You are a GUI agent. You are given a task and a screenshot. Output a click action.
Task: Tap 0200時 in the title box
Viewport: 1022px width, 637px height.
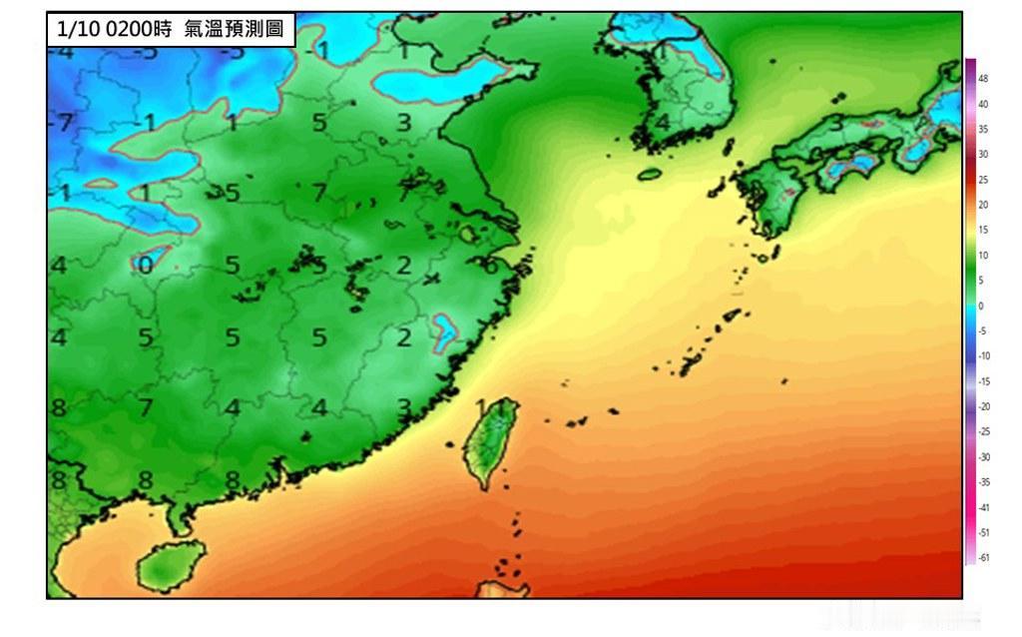pos(141,29)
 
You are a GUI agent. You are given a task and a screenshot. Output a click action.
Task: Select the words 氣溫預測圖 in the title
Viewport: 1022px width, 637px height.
pos(233,29)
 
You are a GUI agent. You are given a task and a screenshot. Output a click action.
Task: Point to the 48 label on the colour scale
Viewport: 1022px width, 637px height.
pos(983,78)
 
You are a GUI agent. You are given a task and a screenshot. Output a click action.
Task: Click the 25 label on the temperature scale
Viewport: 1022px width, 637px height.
pos(983,180)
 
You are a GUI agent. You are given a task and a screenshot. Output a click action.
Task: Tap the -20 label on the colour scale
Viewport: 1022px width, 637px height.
pos(983,406)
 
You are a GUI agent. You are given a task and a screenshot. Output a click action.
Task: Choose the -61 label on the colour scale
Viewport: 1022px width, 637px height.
pos(983,557)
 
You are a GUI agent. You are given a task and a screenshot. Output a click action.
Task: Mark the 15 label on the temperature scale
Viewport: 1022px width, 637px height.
pos(983,231)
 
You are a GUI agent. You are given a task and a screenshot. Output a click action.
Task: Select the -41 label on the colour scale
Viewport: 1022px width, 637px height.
pos(983,507)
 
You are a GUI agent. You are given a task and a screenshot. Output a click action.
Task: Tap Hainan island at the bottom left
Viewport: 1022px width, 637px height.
pos(170,566)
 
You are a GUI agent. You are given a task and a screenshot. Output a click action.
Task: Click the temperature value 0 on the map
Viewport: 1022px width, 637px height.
pos(146,265)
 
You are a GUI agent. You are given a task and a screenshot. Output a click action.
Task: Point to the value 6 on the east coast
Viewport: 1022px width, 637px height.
pos(490,267)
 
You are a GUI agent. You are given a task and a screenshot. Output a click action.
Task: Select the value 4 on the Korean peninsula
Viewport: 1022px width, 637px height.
pos(663,123)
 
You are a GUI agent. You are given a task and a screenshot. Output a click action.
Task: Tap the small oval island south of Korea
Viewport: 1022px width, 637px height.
pos(650,174)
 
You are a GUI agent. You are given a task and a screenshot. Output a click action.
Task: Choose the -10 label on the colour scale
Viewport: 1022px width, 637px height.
pos(983,355)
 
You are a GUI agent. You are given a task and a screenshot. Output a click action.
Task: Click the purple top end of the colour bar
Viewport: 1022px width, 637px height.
pos(970,66)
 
